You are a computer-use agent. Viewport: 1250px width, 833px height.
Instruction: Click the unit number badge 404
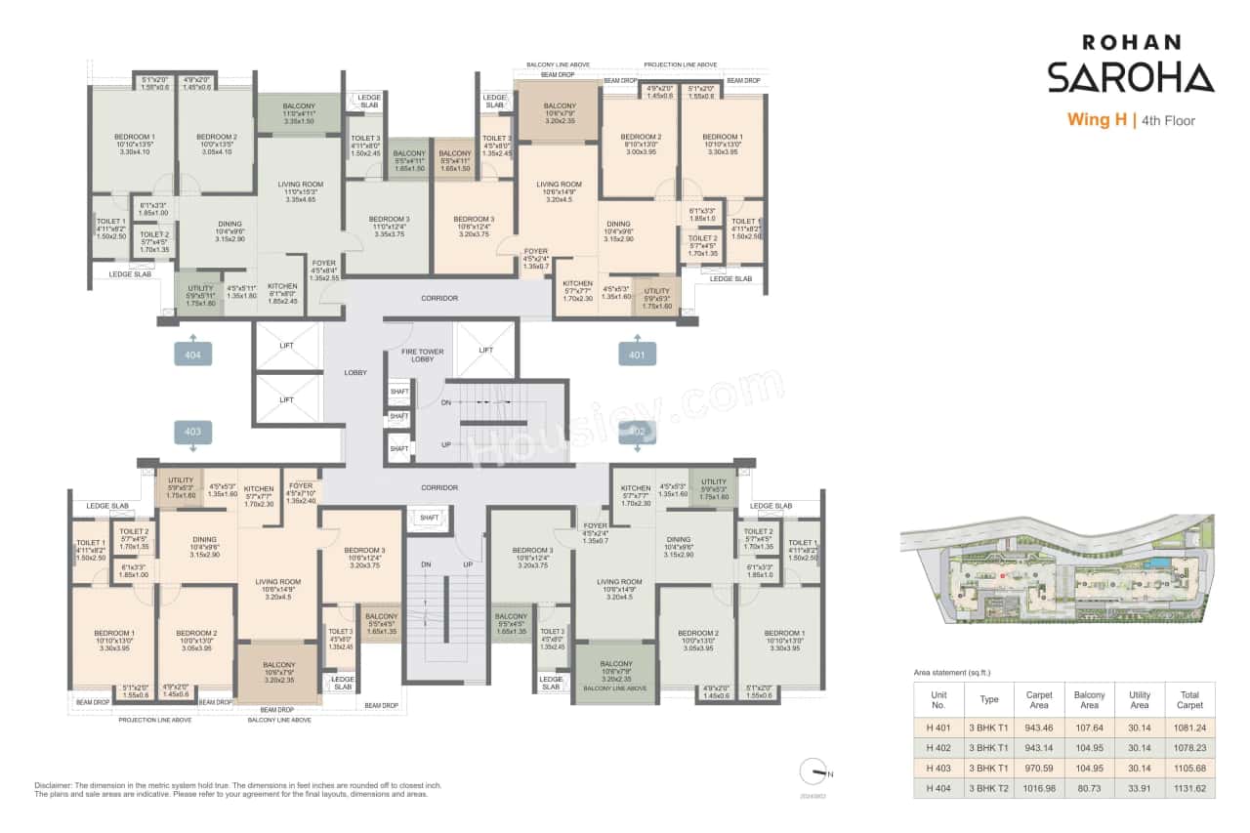click(192, 354)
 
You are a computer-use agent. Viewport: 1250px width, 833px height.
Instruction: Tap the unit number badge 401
click(637, 354)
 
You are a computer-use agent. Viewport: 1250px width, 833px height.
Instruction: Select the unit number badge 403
click(192, 431)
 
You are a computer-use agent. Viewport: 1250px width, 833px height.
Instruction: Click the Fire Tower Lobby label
click(423, 354)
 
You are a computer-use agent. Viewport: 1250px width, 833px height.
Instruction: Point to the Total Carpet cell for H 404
click(1188, 787)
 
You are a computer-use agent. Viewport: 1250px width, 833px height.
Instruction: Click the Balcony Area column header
click(1088, 700)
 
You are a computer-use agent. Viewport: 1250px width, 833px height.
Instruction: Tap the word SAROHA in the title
click(1131, 78)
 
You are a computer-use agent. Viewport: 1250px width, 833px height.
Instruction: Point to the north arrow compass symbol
click(812, 771)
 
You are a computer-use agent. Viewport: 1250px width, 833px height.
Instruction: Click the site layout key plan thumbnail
click(1057, 568)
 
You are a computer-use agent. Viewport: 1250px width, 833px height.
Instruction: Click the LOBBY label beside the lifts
click(355, 372)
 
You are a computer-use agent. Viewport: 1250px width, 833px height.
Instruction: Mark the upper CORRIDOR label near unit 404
click(439, 298)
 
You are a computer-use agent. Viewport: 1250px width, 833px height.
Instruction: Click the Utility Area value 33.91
click(1140, 787)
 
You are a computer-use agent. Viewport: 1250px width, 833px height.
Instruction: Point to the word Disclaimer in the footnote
click(54, 785)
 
